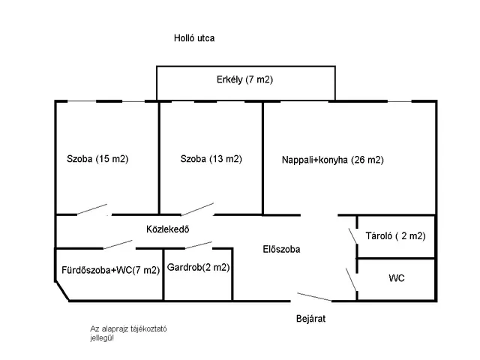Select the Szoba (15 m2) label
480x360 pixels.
pos(97,159)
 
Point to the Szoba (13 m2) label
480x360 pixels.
pos(211,159)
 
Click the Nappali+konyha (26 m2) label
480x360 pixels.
pos(332,160)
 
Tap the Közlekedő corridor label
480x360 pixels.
pos(166,229)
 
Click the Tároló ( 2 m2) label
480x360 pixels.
pos(395,235)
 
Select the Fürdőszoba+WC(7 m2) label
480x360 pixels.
pos(110,270)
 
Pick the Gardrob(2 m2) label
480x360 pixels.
pos(199,267)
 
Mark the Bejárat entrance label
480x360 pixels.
pos(310,318)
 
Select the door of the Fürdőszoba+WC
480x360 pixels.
pos(119,244)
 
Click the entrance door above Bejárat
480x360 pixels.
pos(313,296)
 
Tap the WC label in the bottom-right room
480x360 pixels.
pos(397,278)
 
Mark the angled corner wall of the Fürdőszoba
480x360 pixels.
pos(62,292)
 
